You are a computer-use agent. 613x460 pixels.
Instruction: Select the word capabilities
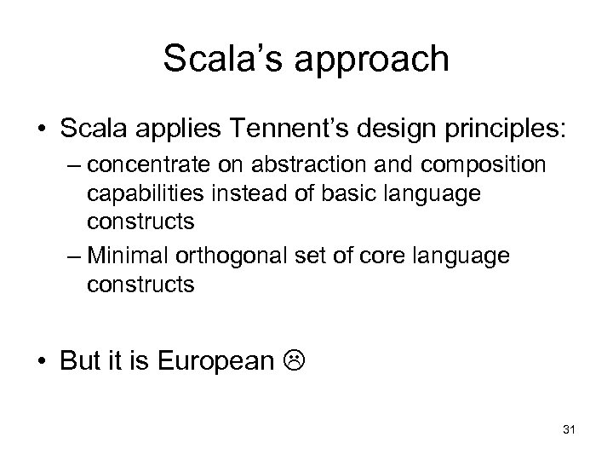[x=143, y=193]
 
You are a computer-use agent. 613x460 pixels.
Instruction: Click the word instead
[x=242, y=193]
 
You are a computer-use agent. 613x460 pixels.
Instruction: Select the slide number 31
[x=570, y=428]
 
